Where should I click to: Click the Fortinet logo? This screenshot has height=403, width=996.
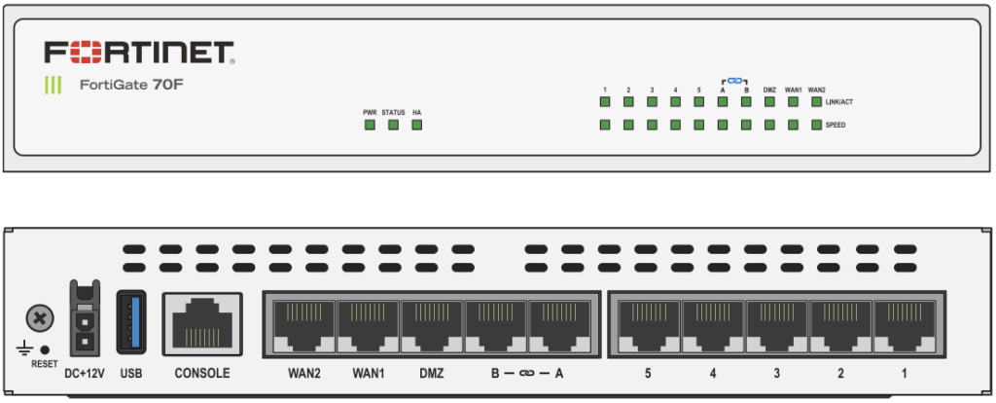tap(139, 53)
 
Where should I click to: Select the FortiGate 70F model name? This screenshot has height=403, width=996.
tap(131, 85)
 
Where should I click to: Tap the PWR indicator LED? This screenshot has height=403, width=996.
tap(370, 125)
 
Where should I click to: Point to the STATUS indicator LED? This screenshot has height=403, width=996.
tap(393, 125)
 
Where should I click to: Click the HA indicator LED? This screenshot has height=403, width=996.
tap(416, 125)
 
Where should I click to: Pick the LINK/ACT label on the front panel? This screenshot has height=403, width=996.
tap(838, 101)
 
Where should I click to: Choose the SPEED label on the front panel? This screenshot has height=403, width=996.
tap(836, 126)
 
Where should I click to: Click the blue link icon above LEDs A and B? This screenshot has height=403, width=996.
tap(734, 81)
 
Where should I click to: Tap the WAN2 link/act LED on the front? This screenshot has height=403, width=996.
tap(816, 101)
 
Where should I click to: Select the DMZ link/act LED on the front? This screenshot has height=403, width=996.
tap(769, 101)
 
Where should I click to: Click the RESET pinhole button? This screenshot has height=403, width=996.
tap(45, 349)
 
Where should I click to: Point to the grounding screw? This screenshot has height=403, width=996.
tap(40, 317)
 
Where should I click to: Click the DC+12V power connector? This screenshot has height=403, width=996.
tap(84, 317)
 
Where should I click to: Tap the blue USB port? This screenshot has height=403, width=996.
tap(131, 322)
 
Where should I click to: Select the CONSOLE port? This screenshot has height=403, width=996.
tap(202, 324)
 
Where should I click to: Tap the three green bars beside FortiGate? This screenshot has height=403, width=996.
tap(53, 86)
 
